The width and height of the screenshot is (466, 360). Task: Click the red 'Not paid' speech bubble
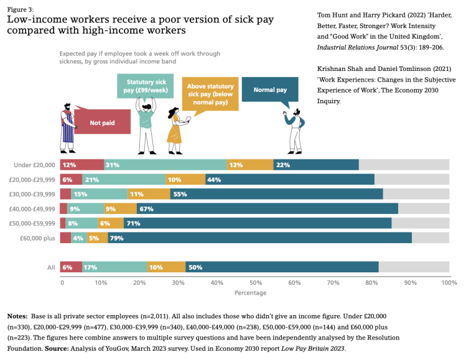pyautogui.click(x=102, y=122)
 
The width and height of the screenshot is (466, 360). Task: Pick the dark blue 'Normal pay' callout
pyautogui.click(x=270, y=90)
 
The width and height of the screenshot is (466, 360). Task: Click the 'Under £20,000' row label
pyautogui.click(x=35, y=165)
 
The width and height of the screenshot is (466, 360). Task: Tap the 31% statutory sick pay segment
pyautogui.click(x=165, y=165)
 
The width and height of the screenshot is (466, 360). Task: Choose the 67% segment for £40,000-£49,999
pyautogui.click(x=267, y=208)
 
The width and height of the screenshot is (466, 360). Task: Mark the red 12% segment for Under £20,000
pyautogui.click(x=82, y=165)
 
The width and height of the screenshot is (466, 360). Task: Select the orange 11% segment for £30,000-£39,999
pyautogui.click(x=149, y=194)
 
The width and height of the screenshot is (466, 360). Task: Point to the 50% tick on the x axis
pyautogui.click(x=254, y=282)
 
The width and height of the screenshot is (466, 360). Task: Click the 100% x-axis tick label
pyautogui.click(x=448, y=282)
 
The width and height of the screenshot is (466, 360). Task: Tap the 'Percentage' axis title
pyautogui.click(x=251, y=292)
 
